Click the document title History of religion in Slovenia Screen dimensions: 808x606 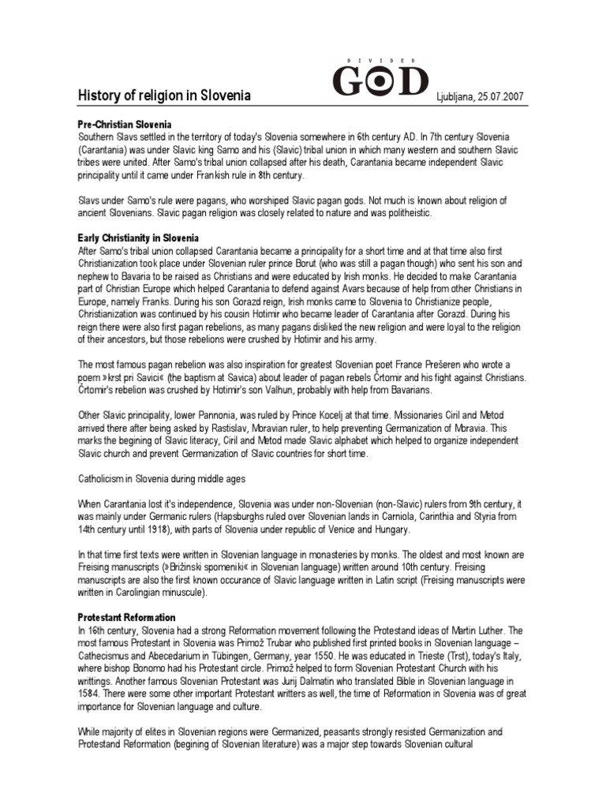(163, 96)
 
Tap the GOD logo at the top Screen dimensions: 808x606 (380, 82)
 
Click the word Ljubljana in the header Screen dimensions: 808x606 (456, 97)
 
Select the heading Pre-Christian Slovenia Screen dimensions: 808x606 (125, 125)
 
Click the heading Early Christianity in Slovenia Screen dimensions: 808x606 (138, 238)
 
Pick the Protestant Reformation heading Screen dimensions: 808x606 (126, 617)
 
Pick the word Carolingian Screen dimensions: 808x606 (143, 593)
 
